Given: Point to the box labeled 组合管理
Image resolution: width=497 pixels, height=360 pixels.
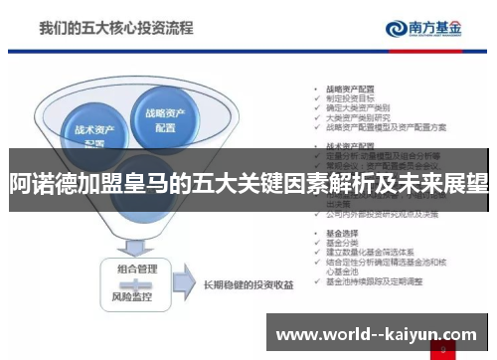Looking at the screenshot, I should [139, 269].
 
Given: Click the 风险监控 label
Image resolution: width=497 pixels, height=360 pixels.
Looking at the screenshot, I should [139, 296].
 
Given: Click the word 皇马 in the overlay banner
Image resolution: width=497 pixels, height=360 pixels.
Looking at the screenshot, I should [169, 183].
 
